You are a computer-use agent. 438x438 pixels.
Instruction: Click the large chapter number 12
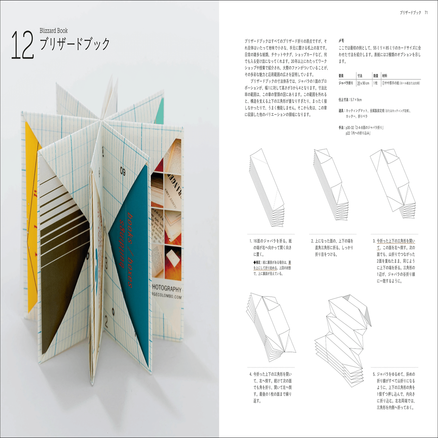pyautogui.click(x=23, y=45)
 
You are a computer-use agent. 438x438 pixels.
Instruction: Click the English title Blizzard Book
pyautogui.click(x=54, y=31)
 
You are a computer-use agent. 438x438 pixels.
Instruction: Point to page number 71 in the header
pyautogui.click(x=426, y=13)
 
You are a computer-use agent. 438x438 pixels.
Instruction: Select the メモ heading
pyautogui.click(x=341, y=40)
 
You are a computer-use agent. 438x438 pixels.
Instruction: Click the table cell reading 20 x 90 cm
pyautogui.click(x=363, y=83)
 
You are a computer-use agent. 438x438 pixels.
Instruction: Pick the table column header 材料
pyautogui.click(x=384, y=76)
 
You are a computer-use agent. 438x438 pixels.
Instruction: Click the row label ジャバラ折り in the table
pyautogui.click(x=345, y=83)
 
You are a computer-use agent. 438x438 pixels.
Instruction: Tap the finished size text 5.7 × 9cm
pyautogui.click(x=356, y=100)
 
